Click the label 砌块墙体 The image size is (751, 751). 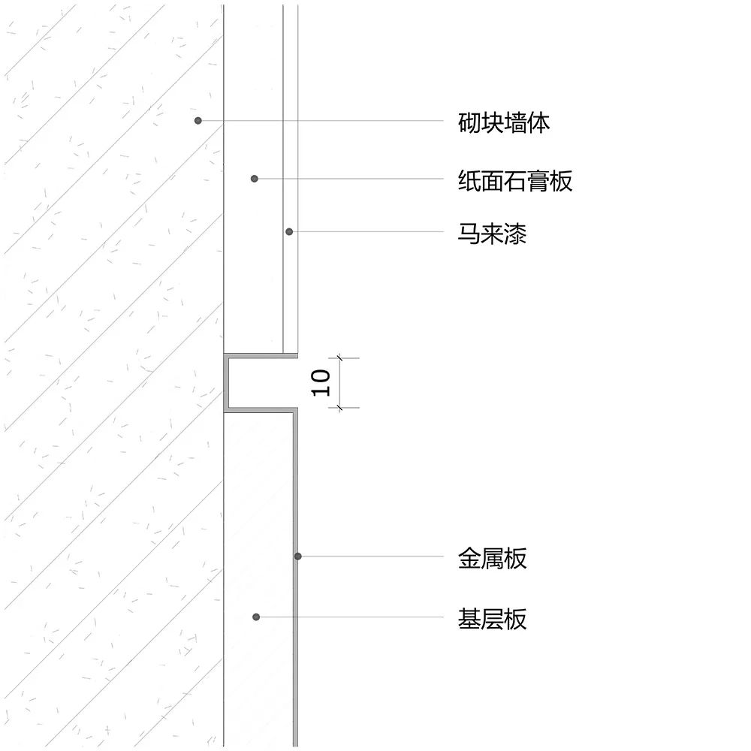click(504, 122)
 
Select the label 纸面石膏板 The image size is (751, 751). click(515, 180)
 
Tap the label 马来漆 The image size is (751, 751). click(493, 234)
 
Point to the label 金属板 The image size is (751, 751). click(493, 558)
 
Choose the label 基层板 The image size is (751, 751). click(493, 620)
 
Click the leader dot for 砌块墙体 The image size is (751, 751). click(198, 120)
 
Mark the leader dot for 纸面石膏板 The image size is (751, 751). click(255, 179)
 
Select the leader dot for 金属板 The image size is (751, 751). click(298, 556)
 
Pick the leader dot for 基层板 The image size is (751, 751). click(256, 617)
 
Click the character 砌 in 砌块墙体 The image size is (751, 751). click(469, 122)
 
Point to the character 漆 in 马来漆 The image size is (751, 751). click(515, 234)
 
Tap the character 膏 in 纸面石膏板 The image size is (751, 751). click(538, 180)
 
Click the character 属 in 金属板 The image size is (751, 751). click(493, 558)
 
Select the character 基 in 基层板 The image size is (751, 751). click(469, 620)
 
